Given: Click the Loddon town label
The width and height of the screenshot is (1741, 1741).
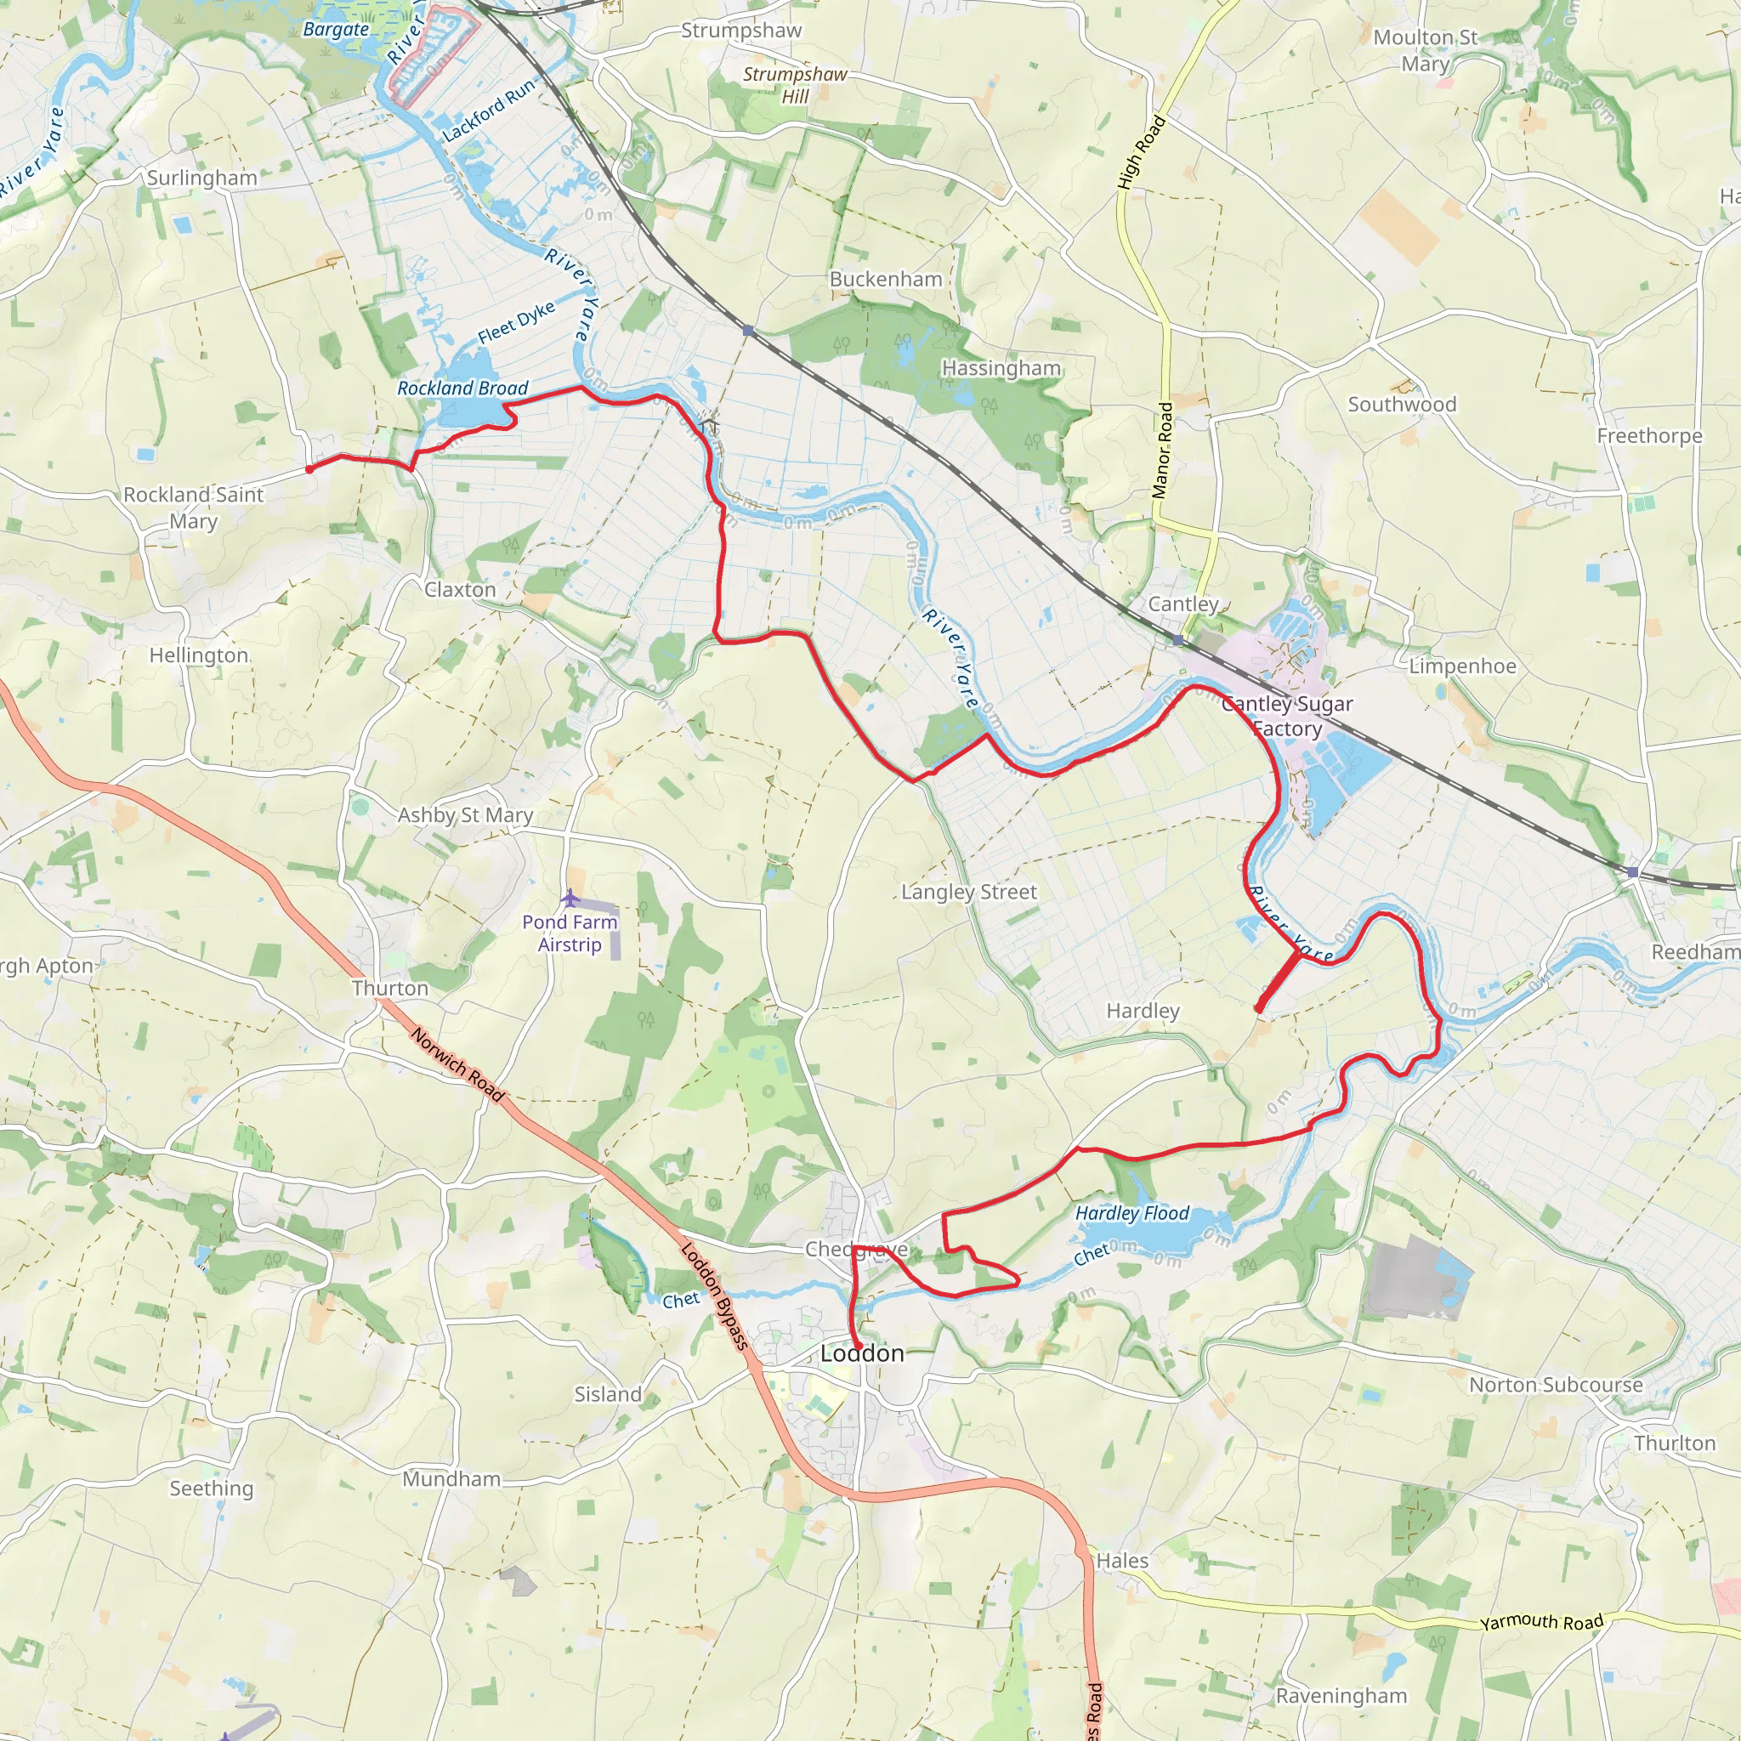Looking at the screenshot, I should click(x=861, y=1353).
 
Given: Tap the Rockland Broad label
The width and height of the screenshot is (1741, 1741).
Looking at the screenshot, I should click(x=462, y=388).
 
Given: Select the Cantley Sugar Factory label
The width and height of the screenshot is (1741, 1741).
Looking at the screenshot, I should click(x=1287, y=717).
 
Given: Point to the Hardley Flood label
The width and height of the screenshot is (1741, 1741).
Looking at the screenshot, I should click(x=1131, y=1214).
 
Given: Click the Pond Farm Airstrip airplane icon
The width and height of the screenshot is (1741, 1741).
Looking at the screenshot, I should click(x=570, y=898).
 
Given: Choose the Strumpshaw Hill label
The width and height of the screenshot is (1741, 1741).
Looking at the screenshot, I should click(x=795, y=85).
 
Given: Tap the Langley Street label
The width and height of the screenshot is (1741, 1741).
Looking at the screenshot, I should click(x=969, y=892).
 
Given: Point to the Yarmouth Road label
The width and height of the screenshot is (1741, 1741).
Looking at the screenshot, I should click(x=1542, y=1622).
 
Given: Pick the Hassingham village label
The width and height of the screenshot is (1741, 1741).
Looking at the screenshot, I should click(x=1001, y=369).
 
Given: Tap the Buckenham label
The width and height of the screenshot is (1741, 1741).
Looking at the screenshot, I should click(x=886, y=280).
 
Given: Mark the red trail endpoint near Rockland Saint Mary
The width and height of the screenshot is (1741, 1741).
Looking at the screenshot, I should click(x=309, y=469).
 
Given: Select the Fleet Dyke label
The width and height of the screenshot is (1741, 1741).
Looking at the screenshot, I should click(x=515, y=322).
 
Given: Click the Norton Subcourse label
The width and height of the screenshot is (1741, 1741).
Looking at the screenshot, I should click(x=1557, y=1385).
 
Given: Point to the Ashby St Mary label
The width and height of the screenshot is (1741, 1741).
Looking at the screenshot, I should click(x=465, y=815).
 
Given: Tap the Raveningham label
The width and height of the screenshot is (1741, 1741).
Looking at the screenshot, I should click(x=1341, y=1696).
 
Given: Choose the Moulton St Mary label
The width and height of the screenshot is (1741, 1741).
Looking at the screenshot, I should click(x=1425, y=50).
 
